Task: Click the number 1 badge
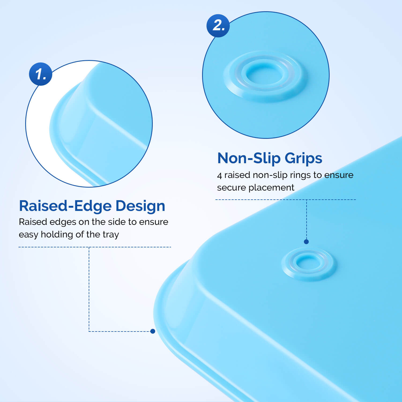[x=40, y=74]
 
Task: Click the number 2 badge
[x=218, y=26]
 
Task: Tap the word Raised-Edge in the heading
[x=65, y=206]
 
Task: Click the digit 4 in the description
[x=219, y=176]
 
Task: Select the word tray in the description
[x=111, y=234]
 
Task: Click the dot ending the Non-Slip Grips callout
[x=306, y=242]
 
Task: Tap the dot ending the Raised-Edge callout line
[x=153, y=331]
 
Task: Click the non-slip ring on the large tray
[x=308, y=264]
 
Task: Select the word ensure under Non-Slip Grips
[x=339, y=175]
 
